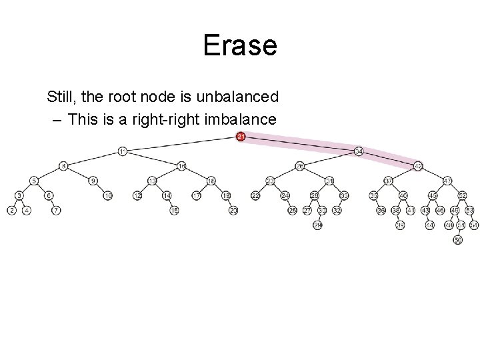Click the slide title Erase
coord(239,45)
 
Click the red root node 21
coord(241,137)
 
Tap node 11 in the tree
coord(122,151)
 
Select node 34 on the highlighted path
coord(359,151)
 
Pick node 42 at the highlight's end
coord(418,165)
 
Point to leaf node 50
coord(457,240)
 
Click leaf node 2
coord(11,210)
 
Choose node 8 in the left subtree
coord(63,165)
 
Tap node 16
coord(211,181)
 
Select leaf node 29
coord(317,226)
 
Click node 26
coord(299,165)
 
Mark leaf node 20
coord(233,210)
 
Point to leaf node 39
coord(400,225)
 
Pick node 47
coord(447,181)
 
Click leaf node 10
coord(107,195)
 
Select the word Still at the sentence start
coord(61,97)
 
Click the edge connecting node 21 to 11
coord(181,144)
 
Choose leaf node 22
coord(255,195)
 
